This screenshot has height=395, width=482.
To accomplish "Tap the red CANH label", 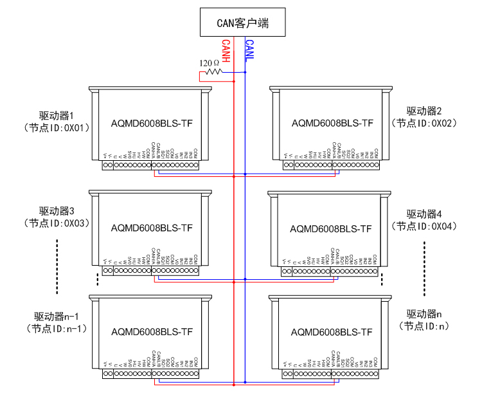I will [226, 51].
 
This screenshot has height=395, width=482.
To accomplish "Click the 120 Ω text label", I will [210, 63].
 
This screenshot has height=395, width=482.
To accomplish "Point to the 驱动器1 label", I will [57, 116].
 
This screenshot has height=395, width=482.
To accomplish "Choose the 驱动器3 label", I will [57, 211].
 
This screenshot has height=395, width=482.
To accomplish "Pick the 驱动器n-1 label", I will [57, 317].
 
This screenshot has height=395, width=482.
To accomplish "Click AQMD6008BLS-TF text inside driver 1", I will [152, 123].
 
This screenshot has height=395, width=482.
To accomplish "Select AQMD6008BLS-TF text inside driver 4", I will [331, 228].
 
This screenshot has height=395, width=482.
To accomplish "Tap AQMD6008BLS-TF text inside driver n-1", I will [152, 332].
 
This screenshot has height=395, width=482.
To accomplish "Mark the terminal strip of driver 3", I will [150, 271].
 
